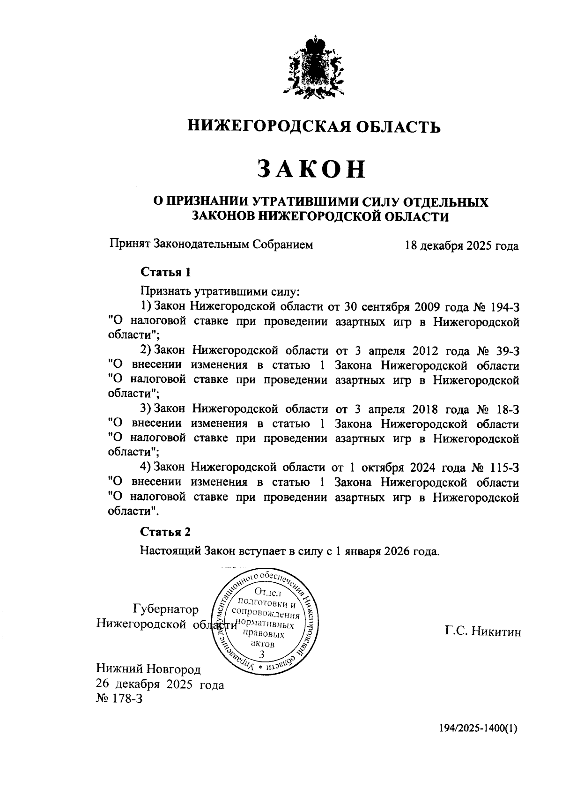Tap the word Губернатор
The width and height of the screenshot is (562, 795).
pyautogui.click(x=166, y=609)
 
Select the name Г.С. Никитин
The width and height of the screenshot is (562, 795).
pyautogui.click(x=483, y=632)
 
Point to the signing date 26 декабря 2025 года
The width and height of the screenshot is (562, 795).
pyautogui.click(x=160, y=685)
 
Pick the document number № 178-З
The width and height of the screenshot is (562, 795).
pyautogui.click(x=119, y=699)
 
